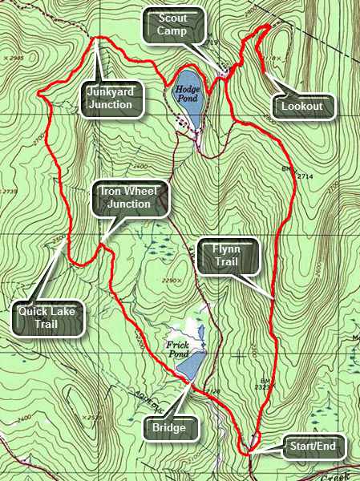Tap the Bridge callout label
click(170, 428)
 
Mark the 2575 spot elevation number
click(96, 417)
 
